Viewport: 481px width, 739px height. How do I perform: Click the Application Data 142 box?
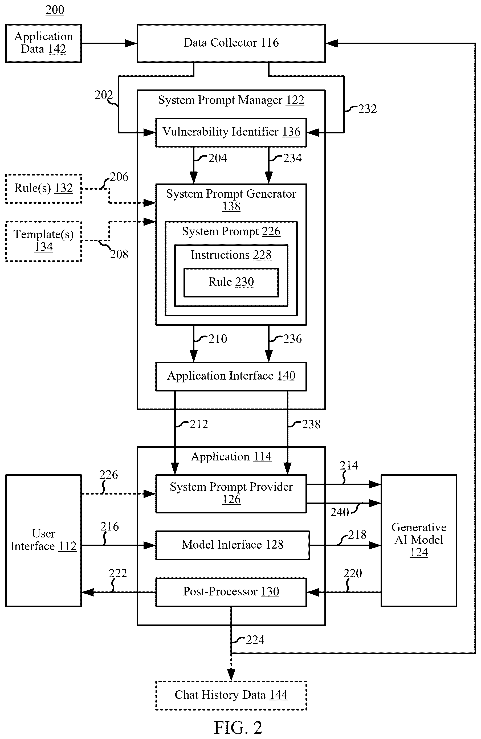43,43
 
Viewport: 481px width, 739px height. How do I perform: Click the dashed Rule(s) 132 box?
43,189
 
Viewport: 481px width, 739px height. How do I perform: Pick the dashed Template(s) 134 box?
43,241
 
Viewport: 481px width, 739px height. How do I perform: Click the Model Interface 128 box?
233,545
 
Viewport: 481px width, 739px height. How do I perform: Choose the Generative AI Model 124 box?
419,541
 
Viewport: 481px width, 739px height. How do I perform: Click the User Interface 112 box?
43,541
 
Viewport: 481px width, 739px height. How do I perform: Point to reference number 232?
367,109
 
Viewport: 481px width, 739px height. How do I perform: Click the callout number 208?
119,254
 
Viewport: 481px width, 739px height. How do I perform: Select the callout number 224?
255,640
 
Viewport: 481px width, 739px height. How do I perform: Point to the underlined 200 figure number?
55,10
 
